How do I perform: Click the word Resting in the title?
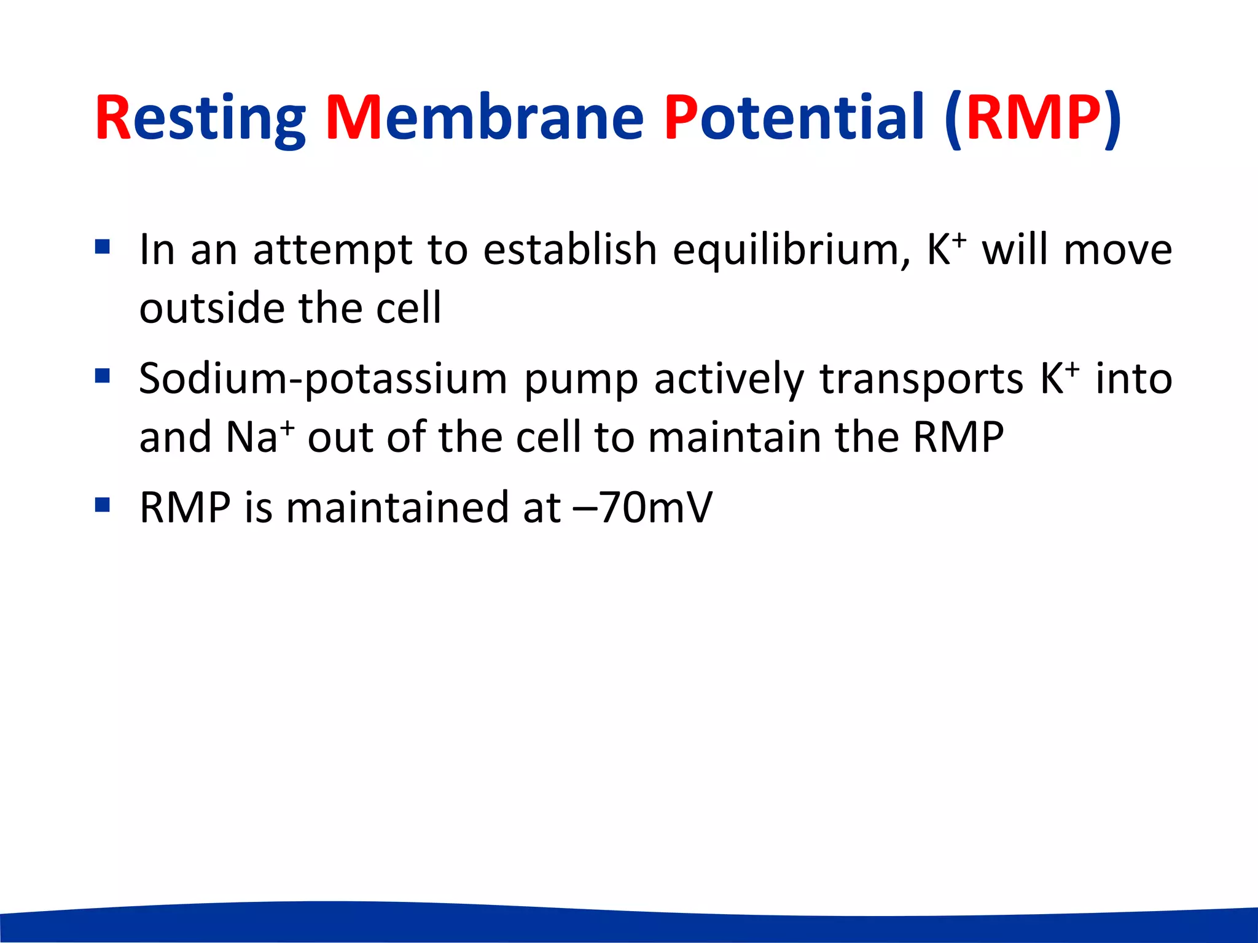[200, 118]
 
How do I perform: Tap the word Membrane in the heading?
[484, 118]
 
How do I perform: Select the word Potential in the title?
[794, 118]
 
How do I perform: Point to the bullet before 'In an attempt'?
[103, 247]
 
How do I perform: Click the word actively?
[729, 379]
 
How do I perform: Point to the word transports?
[921, 379]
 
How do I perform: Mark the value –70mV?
[642, 507]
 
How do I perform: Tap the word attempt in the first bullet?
[332, 250]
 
